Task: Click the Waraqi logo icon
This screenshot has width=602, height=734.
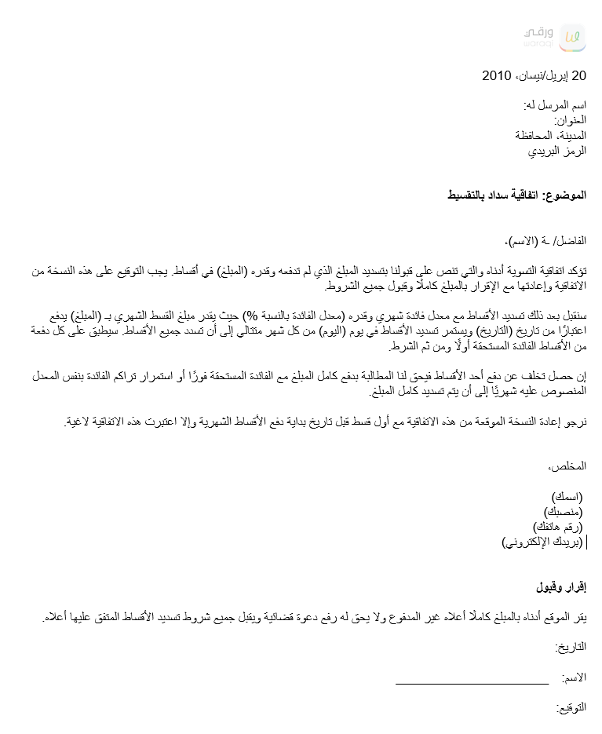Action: [573, 38]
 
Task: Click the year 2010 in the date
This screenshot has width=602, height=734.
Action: [496, 76]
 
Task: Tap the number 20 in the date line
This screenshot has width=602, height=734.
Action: [578, 76]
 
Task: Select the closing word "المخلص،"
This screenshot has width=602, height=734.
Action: [567, 466]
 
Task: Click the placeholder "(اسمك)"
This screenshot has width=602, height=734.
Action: [568, 497]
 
